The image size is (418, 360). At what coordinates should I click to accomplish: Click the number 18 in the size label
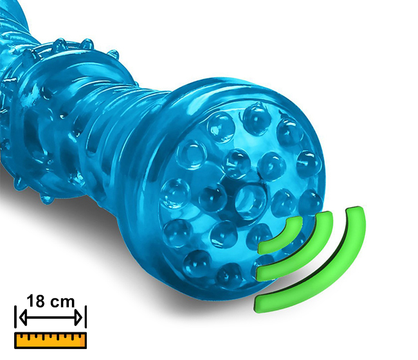[x=35, y=301]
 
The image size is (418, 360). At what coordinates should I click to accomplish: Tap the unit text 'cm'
[x=62, y=302]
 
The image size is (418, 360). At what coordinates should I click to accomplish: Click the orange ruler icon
[x=50, y=340]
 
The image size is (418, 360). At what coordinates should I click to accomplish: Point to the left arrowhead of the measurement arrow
[x=23, y=318]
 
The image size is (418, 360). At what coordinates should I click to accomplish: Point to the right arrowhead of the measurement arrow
[x=78, y=318]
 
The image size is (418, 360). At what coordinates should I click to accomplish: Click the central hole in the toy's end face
[x=250, y=202]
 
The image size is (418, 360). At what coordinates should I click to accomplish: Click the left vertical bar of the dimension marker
[x=15, y=317]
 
